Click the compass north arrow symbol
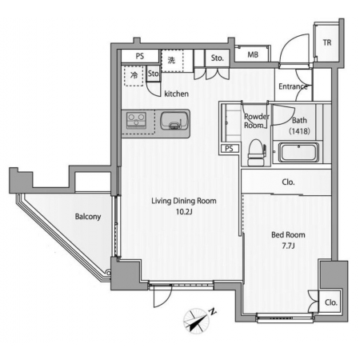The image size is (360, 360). [197, 320]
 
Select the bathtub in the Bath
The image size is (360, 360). [298, 152]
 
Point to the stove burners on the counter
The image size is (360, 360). [137, 120]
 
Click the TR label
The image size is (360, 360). [327, 42]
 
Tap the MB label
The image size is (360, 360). [253, 54]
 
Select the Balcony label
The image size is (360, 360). [88, 216]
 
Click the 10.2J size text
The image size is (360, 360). [184, 212]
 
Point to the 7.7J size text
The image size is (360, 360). [288, 246]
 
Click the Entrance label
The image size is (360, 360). [293, 86]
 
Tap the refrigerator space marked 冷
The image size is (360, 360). [134, 75]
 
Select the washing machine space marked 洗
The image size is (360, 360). [172, 61]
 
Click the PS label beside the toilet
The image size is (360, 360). [229, 149]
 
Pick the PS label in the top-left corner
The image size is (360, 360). [140, 56]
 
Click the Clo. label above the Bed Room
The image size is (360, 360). [288, 182]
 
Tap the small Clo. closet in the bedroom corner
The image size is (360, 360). [330, 302]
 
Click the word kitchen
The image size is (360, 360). [176, 94]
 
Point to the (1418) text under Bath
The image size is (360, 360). [299, 131]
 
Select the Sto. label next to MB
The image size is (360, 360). [217, 58]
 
